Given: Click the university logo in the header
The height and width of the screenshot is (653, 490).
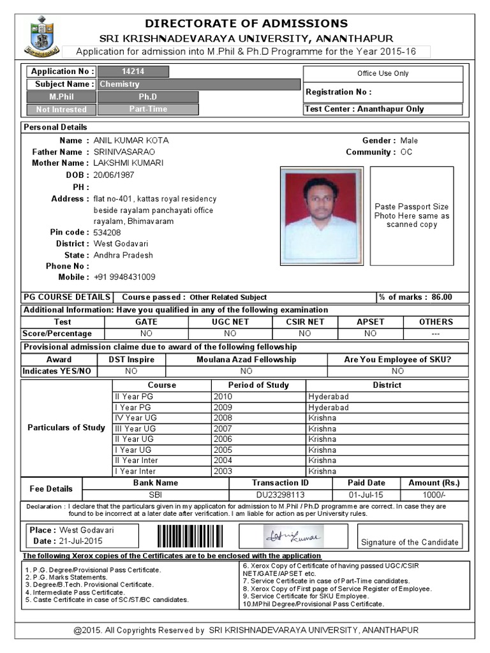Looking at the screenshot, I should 42,38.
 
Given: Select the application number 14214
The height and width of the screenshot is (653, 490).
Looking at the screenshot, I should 133,72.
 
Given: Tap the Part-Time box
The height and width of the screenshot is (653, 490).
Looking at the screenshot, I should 147,109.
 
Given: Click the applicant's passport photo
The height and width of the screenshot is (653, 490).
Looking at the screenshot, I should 321,216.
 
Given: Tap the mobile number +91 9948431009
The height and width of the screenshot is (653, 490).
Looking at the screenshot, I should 124,277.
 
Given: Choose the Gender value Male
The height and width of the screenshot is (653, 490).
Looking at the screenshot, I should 409,140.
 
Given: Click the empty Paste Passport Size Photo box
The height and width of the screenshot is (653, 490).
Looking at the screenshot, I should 412,216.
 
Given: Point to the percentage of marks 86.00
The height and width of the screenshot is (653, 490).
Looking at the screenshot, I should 441,297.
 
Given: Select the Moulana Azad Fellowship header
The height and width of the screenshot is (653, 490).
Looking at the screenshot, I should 246,360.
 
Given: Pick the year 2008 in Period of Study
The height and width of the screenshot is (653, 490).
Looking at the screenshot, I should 223,418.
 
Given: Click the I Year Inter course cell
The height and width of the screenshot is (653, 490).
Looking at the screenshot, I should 137,471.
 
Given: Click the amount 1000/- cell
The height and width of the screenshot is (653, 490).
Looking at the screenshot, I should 434,495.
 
